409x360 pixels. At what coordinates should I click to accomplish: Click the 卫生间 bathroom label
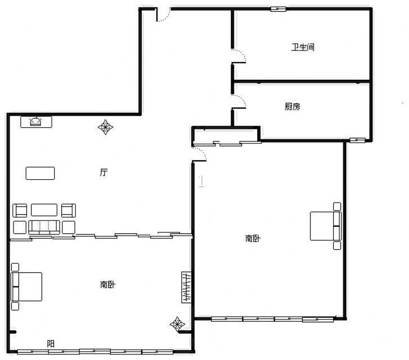pos(303,47)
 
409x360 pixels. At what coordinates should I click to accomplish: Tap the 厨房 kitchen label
pos(292,106)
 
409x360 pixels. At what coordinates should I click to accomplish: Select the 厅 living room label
pos(104,172)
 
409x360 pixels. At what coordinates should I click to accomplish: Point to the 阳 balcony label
pos(51,344)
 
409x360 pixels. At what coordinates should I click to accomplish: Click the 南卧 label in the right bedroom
pos(253,238)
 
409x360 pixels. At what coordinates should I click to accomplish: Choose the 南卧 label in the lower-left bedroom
pos(107,285)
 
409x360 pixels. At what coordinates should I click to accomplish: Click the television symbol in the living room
pos(36,122)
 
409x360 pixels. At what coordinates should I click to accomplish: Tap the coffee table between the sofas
pos(44,210)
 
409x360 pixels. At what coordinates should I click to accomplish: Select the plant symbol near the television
pos(105,127)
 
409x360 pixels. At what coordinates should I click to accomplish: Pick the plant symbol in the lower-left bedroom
pos(177,324)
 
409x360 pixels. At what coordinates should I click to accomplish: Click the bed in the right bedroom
pos(326,226)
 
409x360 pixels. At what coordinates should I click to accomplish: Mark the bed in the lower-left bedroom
pos(26,287)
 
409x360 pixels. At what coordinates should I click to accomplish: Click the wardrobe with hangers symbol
pos(186,287)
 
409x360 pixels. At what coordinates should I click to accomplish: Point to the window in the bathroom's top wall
pos(278,9)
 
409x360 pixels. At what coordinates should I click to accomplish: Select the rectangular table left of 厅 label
pos(40,173)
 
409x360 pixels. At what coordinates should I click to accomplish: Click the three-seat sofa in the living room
pos(44,227)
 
